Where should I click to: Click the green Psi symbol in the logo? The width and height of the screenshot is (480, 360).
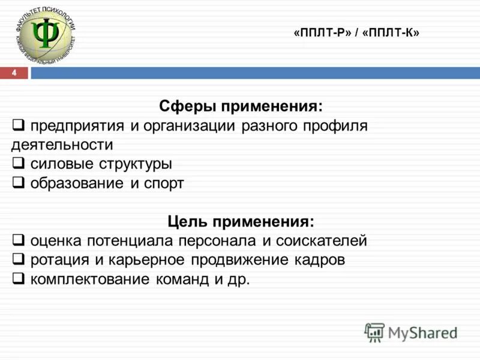(45, 34)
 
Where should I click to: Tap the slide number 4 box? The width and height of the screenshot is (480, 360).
(16, 73)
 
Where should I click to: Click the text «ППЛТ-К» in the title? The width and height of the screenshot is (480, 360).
(391, 34)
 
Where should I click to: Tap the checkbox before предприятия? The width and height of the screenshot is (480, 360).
(19, 125)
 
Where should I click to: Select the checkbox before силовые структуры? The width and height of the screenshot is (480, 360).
(19, 164)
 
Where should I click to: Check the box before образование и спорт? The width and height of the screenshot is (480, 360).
(19, 183)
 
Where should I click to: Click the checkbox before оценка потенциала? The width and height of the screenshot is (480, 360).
(19, 241)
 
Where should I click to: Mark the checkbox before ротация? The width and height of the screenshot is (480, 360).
(19, 260)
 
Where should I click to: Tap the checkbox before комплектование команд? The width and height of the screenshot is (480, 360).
(19, 279)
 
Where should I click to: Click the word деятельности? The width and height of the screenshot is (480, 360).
(62, 145)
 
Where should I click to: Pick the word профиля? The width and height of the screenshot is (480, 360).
(335, 127)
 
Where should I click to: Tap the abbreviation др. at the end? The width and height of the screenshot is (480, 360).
(238, 280)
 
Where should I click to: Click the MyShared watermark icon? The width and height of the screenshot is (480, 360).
(374, 332)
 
